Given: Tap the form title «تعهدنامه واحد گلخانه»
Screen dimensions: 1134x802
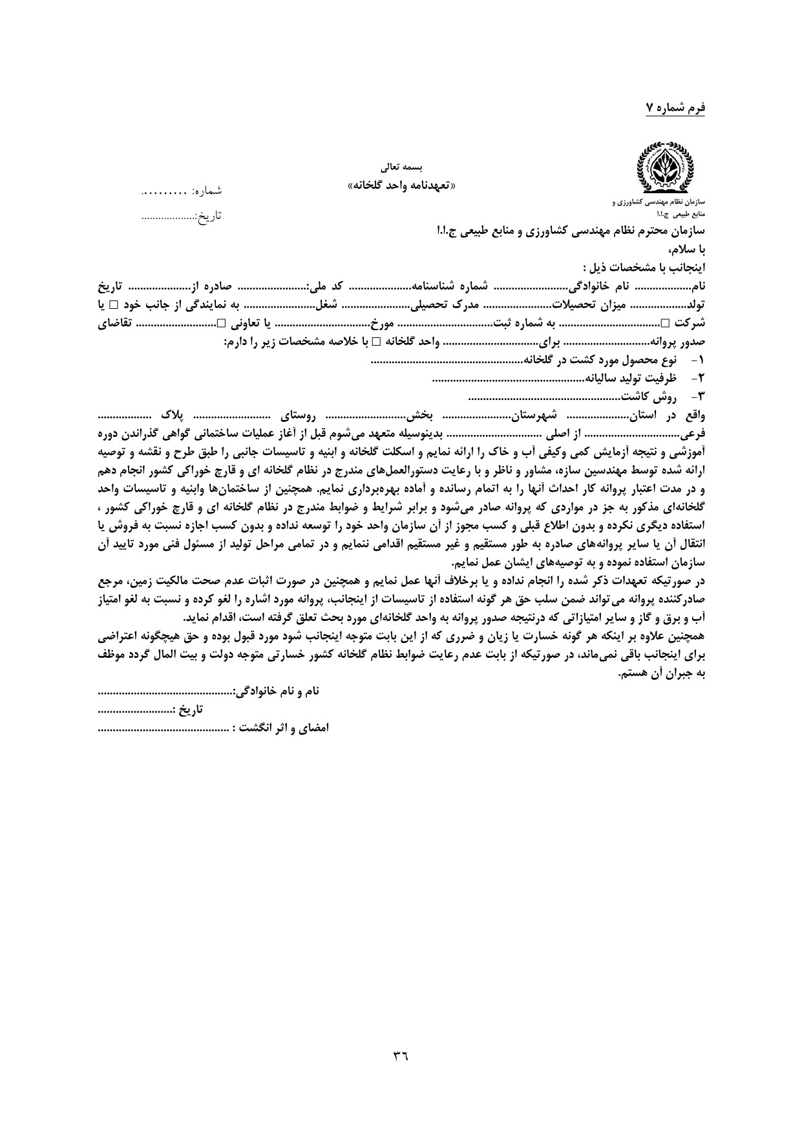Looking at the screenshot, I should click(402, 185).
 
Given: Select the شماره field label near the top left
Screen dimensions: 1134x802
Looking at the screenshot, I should click(205, 191).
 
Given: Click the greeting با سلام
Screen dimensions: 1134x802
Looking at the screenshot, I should click(685, 249).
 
